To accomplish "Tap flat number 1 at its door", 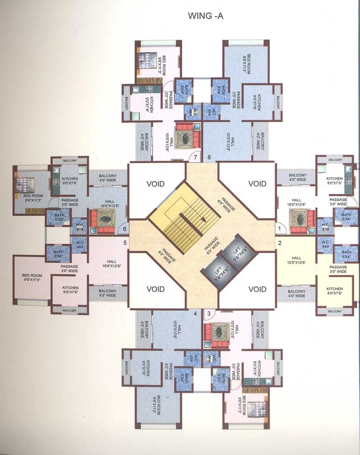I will [279, 229].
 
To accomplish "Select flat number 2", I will [279, 243].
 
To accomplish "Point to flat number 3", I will [209, 313].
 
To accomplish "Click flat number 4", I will [195, 313].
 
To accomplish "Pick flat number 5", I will [125, 243].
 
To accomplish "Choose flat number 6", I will [125, 229].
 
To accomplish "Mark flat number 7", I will [195, 157].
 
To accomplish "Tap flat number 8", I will [209, 157].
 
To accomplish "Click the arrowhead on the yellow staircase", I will [203, 219].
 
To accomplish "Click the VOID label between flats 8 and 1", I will [257, 184].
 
